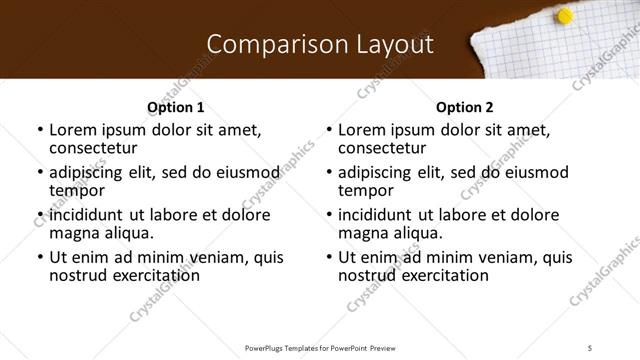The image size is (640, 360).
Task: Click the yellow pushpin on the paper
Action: click(564, 16)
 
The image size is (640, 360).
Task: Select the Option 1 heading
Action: click(175, 107)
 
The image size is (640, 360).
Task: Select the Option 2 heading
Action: click(464, 107)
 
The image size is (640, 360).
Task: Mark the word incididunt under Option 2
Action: click(378, 215)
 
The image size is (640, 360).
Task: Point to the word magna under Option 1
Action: click(73, 233)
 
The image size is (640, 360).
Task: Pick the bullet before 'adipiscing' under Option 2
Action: click(329, 172)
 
